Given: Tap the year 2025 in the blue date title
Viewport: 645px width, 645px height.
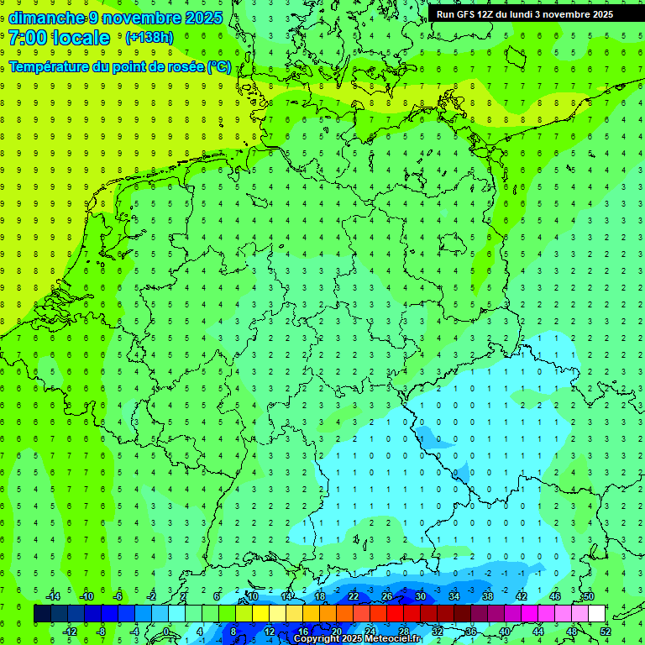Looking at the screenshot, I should click(x=202, y=18).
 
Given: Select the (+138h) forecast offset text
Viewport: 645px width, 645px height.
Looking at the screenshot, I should click(x=149, y=38).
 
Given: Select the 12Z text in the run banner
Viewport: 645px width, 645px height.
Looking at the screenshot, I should click(x=486, y=14).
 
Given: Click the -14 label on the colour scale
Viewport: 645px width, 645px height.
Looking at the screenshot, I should click(x=52, y=597).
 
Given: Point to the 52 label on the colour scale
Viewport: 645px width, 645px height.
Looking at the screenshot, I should click(x=606, y=632).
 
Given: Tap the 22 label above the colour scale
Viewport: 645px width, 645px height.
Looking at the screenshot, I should click(x=354, y=597).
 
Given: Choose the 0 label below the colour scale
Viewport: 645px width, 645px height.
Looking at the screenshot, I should click(x=166, y=632).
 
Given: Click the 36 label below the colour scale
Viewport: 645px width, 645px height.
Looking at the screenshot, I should click(x=471, y=632).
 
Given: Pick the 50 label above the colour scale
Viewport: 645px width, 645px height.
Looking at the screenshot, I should click(x=588, y=597).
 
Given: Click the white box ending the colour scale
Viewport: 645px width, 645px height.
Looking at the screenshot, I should click(x=596, y=614).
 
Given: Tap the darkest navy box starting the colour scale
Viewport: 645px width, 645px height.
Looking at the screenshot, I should click(x=42, y=614).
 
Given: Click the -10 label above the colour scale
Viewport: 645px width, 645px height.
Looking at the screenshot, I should click(x=86, y=597).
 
